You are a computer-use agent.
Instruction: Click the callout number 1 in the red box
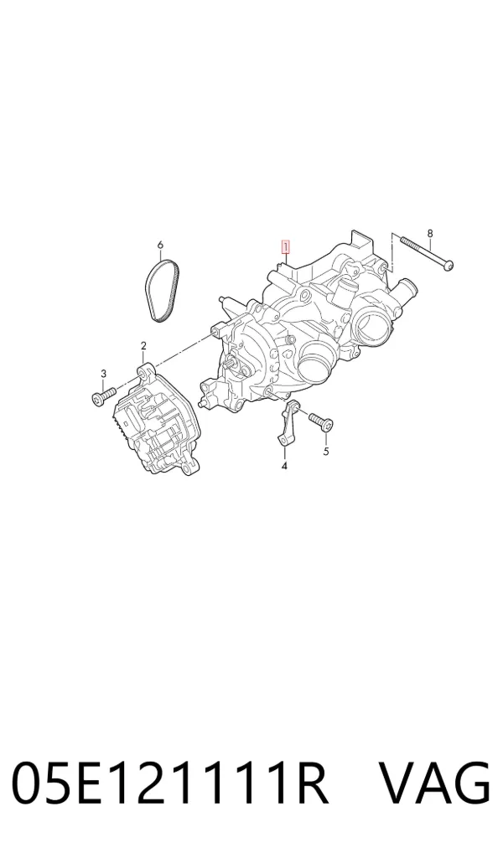(x=285, y=247)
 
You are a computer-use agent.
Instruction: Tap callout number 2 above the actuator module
(x=143, y=345)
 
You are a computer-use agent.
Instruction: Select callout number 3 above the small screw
(x=103, y=373)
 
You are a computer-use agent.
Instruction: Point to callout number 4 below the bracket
(x=284, y=466)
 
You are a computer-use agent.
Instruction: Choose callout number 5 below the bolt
(x=326, y=451)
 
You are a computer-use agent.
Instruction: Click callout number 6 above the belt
(x=160, y=246)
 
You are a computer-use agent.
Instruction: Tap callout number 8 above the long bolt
(x=430, y=234)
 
